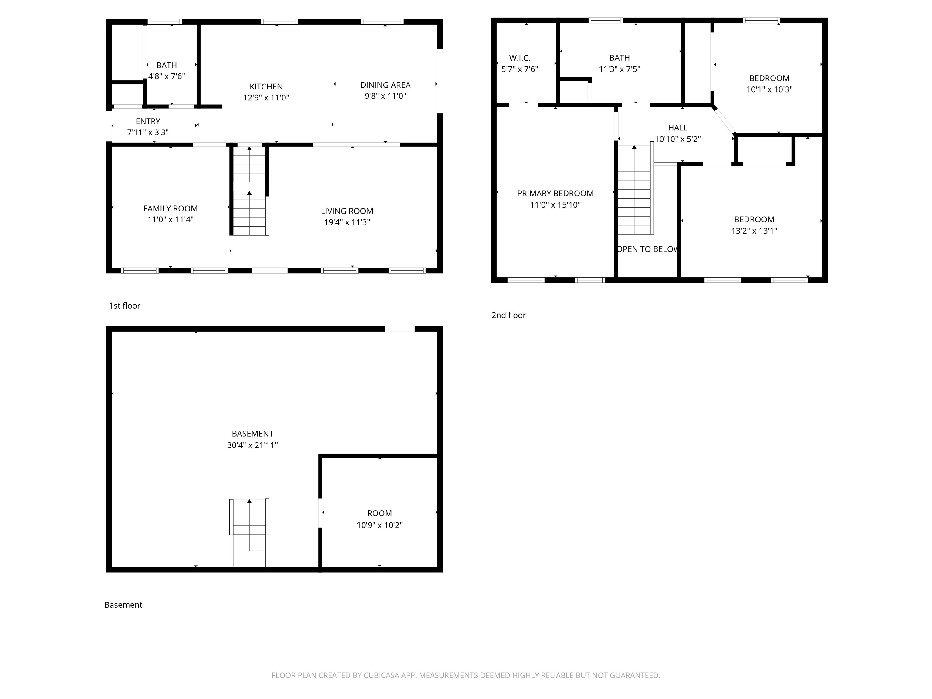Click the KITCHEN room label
[266, 87]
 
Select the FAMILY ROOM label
[170, 208]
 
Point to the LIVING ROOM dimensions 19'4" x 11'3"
[347, 222]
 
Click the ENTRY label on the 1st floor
[148, 121]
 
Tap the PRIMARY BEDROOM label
[555, 193]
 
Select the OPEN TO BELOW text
[647, 249]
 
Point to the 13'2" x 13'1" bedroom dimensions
[754, 231]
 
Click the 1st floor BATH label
[167, 65]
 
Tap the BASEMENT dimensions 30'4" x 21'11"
[252, 445]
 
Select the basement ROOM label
[379, 513]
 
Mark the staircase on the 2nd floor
[634, 190]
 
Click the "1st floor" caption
[124, 306]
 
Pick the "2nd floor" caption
[508, 315]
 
